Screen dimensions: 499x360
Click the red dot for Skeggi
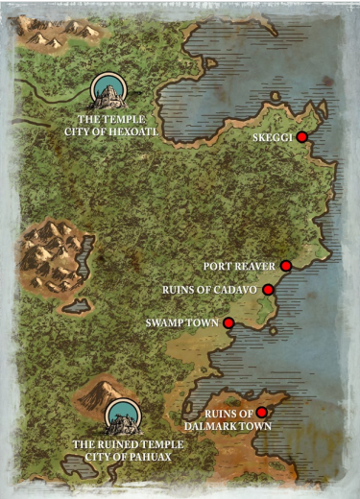(301, 137)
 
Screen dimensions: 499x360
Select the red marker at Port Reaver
(286, 266)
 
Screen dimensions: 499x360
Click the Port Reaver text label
(240, 266)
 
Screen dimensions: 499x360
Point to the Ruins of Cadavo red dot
(269, 289)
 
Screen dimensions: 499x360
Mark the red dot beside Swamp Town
(228, 323)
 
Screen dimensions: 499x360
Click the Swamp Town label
(183, 323)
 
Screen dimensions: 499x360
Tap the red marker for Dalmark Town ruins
(261, 413)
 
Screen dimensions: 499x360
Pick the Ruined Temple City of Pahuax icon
(122, 417)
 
